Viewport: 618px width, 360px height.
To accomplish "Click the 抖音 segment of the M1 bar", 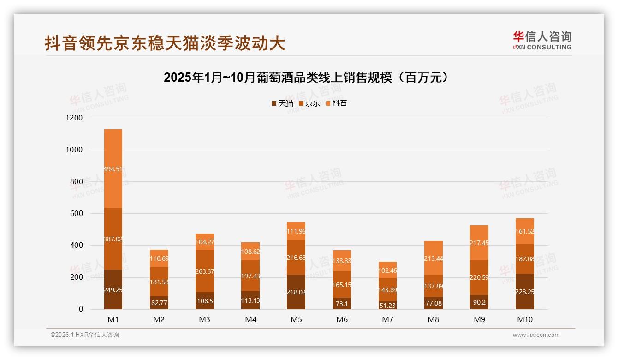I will click(x=113, y=168).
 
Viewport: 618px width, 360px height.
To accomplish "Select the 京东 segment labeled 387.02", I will click(x=113, y=239).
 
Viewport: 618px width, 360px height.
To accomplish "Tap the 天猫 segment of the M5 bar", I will click(x=296, y=292).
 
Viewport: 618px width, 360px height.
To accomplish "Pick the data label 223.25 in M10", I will click(x=525, y=292).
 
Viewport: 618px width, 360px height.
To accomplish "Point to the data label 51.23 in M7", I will click(x=387, y=305).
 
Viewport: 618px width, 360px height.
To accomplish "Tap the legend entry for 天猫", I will click(x=282, y=103).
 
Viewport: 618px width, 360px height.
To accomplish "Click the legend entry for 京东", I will click(x=309, y=103).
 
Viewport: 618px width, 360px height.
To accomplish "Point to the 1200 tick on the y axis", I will click(x=74, y=118).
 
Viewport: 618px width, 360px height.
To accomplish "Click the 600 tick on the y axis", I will click(x=77, y=214).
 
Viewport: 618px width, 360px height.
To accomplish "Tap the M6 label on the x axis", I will click(x=342, y=319).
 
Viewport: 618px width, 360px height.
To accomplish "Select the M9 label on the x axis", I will click(x=479, y=319).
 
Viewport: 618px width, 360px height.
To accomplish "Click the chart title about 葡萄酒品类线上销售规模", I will click(x=306, y=78).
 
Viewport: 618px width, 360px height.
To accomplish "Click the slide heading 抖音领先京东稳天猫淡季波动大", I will click(x=165, y=43).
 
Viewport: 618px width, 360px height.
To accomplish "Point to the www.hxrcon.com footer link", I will click(x=536, y=335).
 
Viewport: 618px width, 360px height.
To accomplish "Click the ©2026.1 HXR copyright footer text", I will click(x=85, y=335).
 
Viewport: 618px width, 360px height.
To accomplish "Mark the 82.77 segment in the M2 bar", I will click(x=159, y=303).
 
